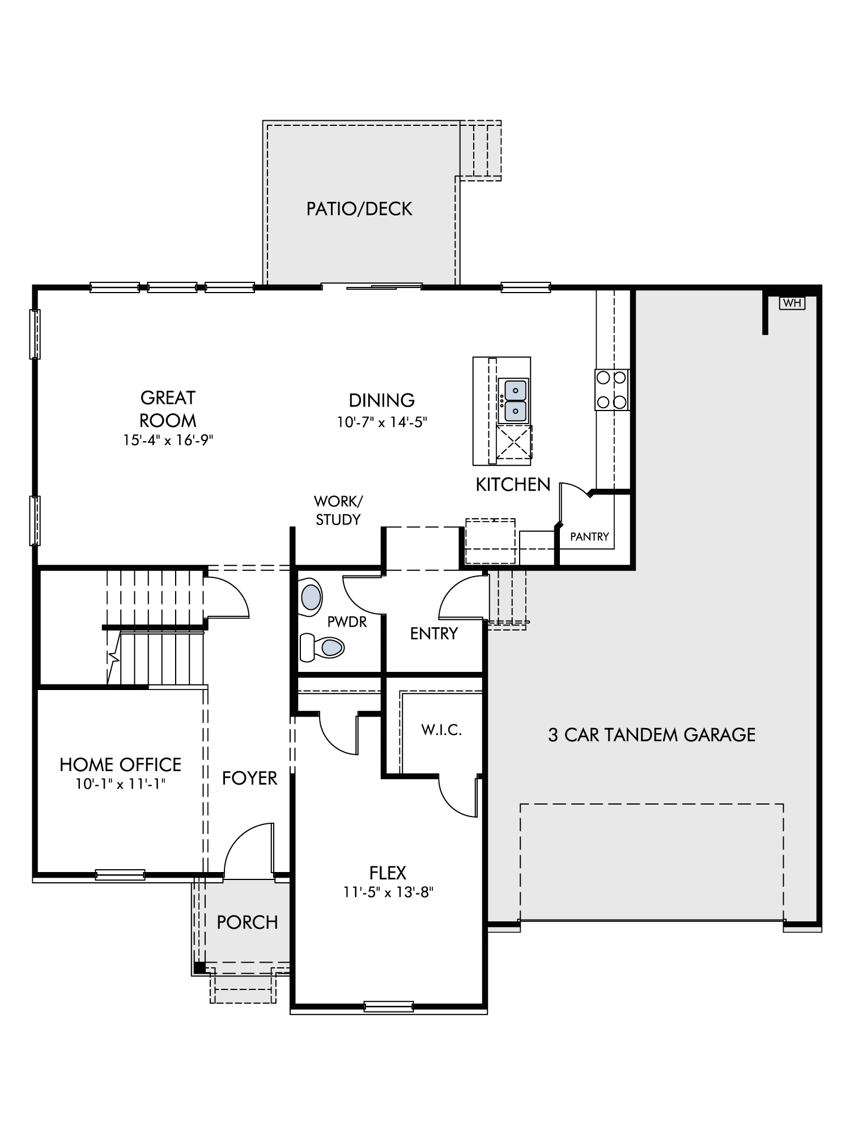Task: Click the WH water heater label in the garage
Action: coord(792,303)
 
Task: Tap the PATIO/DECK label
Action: coord(359,209)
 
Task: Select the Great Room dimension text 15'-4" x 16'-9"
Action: coord(168,440)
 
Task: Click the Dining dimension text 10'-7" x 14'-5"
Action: coord(382,422)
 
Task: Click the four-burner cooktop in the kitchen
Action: coord(612,390)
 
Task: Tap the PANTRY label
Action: coord(589,536)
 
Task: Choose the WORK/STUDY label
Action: coord(338,510)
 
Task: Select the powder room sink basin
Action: coord(311,597)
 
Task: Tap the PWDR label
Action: coord(347,622)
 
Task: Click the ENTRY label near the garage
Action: coord(434,633)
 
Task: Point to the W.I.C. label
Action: coord(441,730)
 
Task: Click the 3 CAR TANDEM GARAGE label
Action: coord(652,735)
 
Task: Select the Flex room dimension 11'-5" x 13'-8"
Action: coord(388,892)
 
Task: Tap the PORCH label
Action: coord(248,923)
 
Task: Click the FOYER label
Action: coord(250,778)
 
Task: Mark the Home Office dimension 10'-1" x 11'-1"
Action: coord(121,784)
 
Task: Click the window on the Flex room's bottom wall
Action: coord(388,1006)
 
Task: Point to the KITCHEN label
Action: coord(513,484)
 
